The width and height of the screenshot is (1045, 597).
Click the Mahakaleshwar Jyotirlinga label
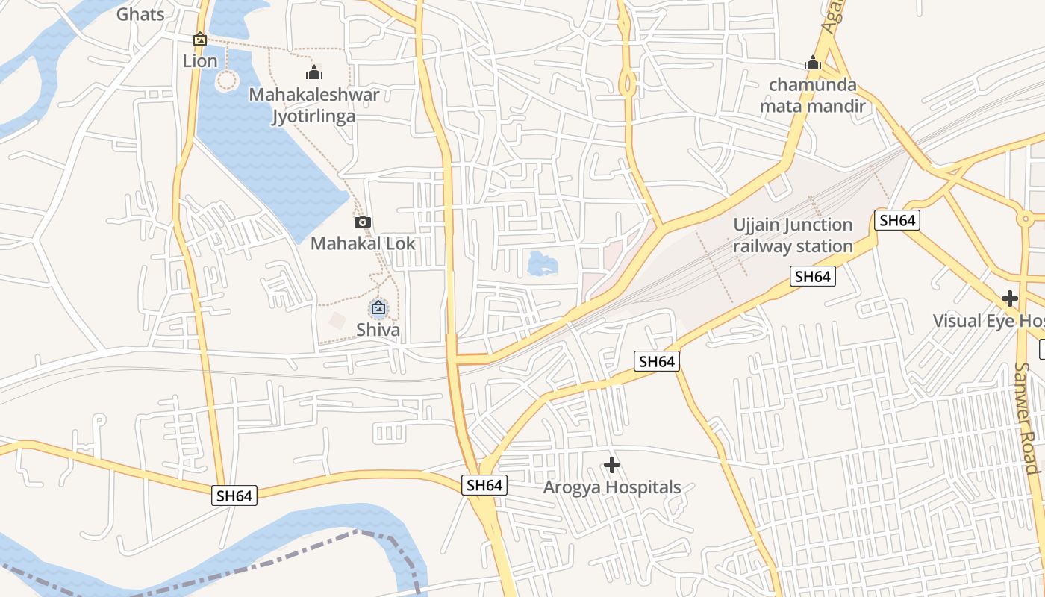point(313,105)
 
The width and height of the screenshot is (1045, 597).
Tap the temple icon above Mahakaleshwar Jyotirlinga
point(314,72)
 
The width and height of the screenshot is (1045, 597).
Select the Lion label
point(200,61)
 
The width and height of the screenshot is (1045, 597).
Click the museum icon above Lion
point(200,39)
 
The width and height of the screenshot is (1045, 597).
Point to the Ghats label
point(140,13)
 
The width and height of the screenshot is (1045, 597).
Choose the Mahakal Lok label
point(363,243)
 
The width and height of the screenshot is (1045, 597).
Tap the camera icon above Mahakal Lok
point(363,222)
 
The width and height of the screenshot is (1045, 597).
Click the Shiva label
point(378,329)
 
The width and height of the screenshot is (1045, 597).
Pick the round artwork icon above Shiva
point(378,307)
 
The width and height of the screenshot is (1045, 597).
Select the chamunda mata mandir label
point(813,95)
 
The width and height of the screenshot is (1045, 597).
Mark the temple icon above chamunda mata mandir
point(813,63)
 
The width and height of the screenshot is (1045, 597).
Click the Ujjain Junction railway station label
point(793,235)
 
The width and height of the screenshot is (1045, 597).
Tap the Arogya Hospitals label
point(612,487)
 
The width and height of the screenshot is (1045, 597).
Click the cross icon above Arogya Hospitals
point(612,465)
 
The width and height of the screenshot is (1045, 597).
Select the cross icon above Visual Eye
point(1010,298)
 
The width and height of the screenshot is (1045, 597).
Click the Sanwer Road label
point(1027,418)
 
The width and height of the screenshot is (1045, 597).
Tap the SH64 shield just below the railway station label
point(813,276)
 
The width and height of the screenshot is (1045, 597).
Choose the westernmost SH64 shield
point(234,496)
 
